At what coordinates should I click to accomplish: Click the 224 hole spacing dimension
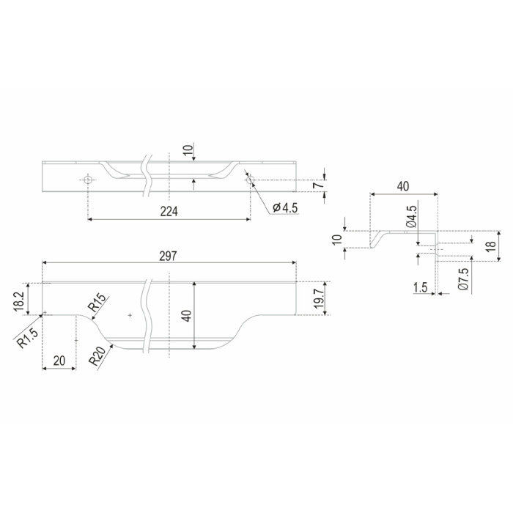tap(169, 212)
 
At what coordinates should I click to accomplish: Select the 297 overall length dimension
tap(168, 256)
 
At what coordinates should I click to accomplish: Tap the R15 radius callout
tap(97, 303)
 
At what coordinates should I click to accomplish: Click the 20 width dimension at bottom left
tap(59, 361)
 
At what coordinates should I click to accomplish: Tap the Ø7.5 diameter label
tap(463, 278)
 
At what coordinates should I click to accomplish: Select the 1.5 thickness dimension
tap(421, 287)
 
